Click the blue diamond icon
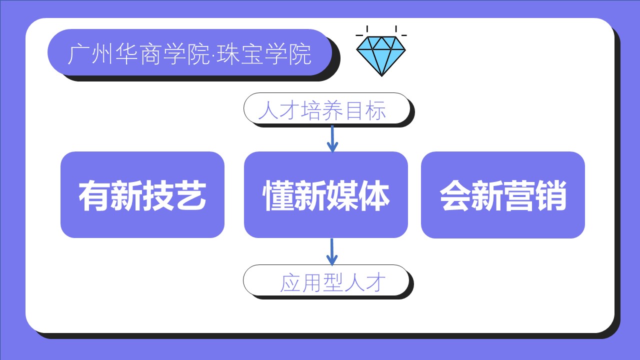(x=381, y=55)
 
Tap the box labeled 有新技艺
(x=142, y=194)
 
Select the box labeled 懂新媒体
(x=326, y=194)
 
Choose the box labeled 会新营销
(x=503, y=194)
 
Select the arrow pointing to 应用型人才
(x=331, y=252)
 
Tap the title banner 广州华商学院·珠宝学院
(x=189, y=52)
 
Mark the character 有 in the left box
(x=94, y=196)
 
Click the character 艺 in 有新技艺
(x=190, y=196)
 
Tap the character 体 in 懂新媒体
(x=374, y=196)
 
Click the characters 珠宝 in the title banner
(x=245, y=54)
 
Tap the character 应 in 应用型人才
(x=289, y=283)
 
